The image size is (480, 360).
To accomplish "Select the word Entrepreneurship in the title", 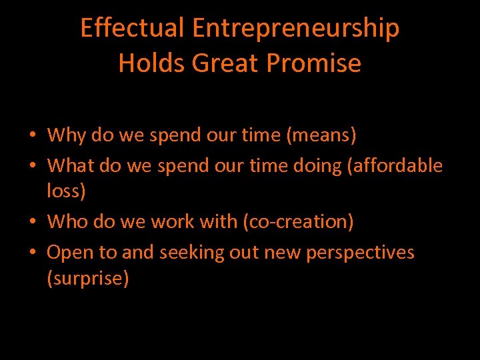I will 296,28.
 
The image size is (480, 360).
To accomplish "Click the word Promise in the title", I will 313,63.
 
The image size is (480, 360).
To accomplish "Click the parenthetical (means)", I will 321,135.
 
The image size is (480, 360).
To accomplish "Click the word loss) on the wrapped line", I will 66,192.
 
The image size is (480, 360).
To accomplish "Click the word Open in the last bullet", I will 69,253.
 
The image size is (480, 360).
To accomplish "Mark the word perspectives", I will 360,253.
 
